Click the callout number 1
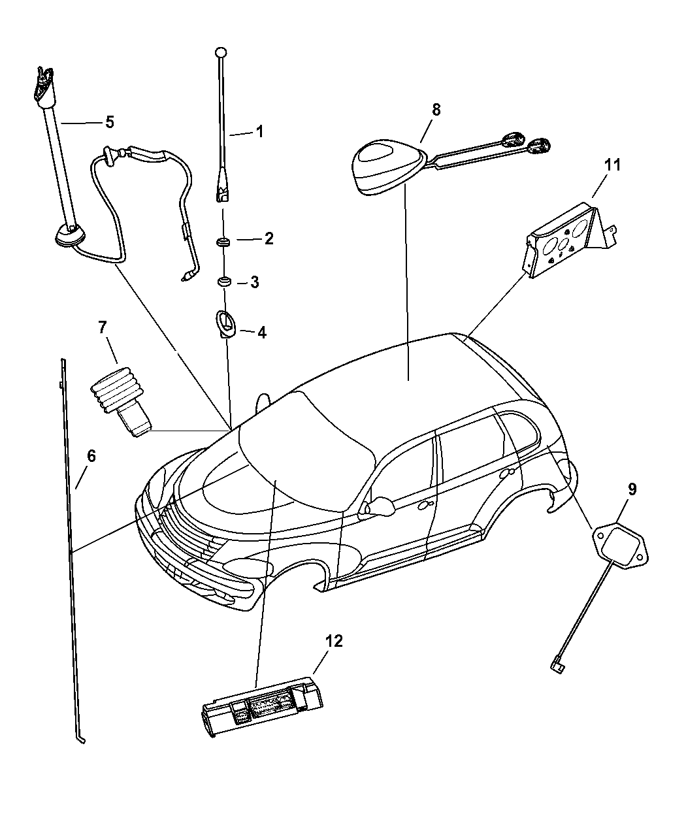(259, 131)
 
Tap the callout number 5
(109, 122)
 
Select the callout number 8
(436, 109)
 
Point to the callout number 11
(612, 165)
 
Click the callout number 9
(633, 488)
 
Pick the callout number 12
(334, 641)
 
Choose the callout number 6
(91, 456)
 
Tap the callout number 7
(103, 328)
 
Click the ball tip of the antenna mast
(221, 52)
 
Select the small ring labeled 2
(223, 243)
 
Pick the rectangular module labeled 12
(261, 709)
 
